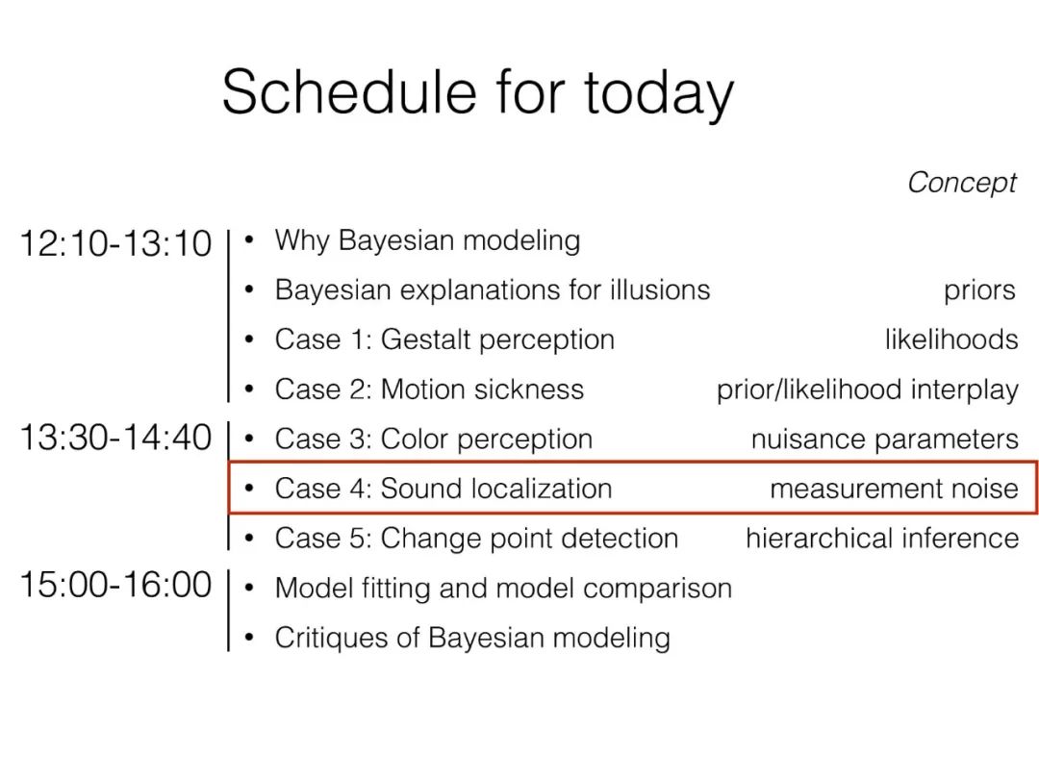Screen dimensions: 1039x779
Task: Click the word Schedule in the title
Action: tap(349, 91)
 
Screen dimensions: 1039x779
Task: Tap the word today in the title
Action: tap(659, 95)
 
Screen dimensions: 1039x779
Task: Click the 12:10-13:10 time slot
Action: tap(115, 243)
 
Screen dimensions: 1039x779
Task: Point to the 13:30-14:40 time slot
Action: tap(115, 438)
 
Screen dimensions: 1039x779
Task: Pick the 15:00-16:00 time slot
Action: tap(115, 585)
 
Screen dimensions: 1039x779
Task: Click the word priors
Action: tap(979, 291)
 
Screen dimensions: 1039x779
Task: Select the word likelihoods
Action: tap(951, 339)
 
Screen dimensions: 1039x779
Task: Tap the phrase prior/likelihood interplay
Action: tap(868, 390)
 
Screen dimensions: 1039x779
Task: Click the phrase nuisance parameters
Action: tap(885, 440)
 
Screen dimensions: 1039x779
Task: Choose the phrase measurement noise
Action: tap(894, 489)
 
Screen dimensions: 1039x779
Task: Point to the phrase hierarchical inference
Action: tap(882, 538)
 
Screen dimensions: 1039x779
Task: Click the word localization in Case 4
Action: tap(542, 489)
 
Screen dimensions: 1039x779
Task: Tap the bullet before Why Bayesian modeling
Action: tap(249, 239)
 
